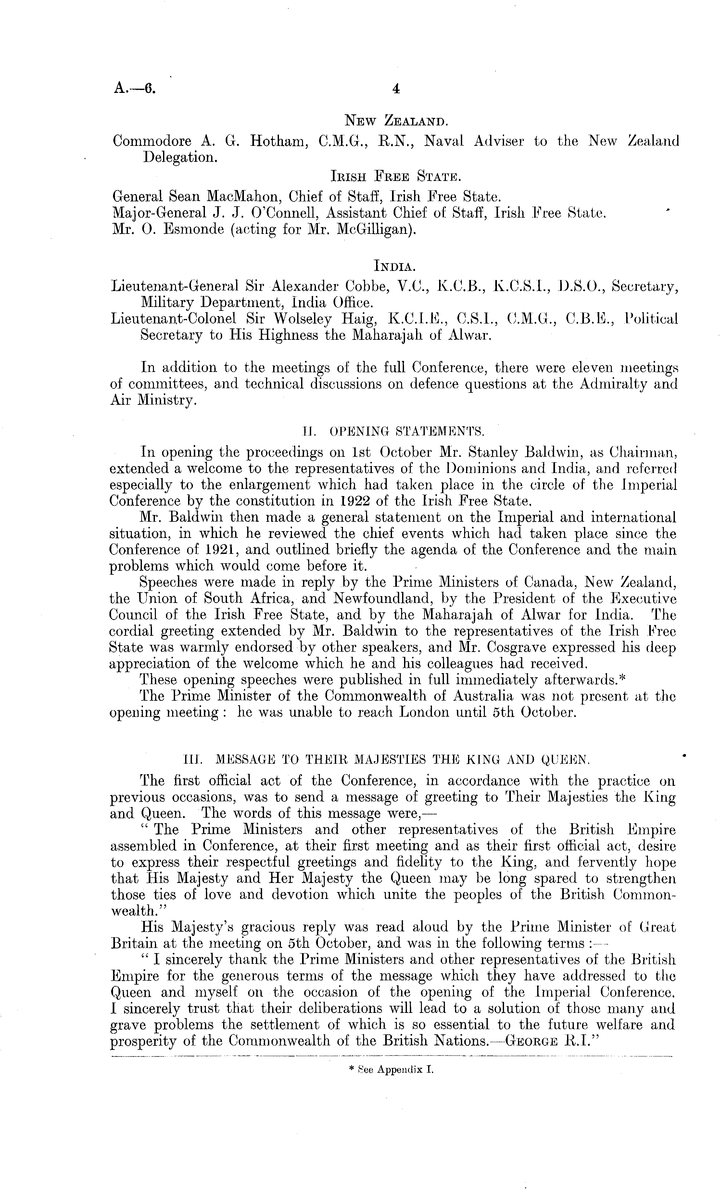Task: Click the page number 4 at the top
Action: (x=396, y=89)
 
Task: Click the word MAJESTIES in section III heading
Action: (x=367, y=760)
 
